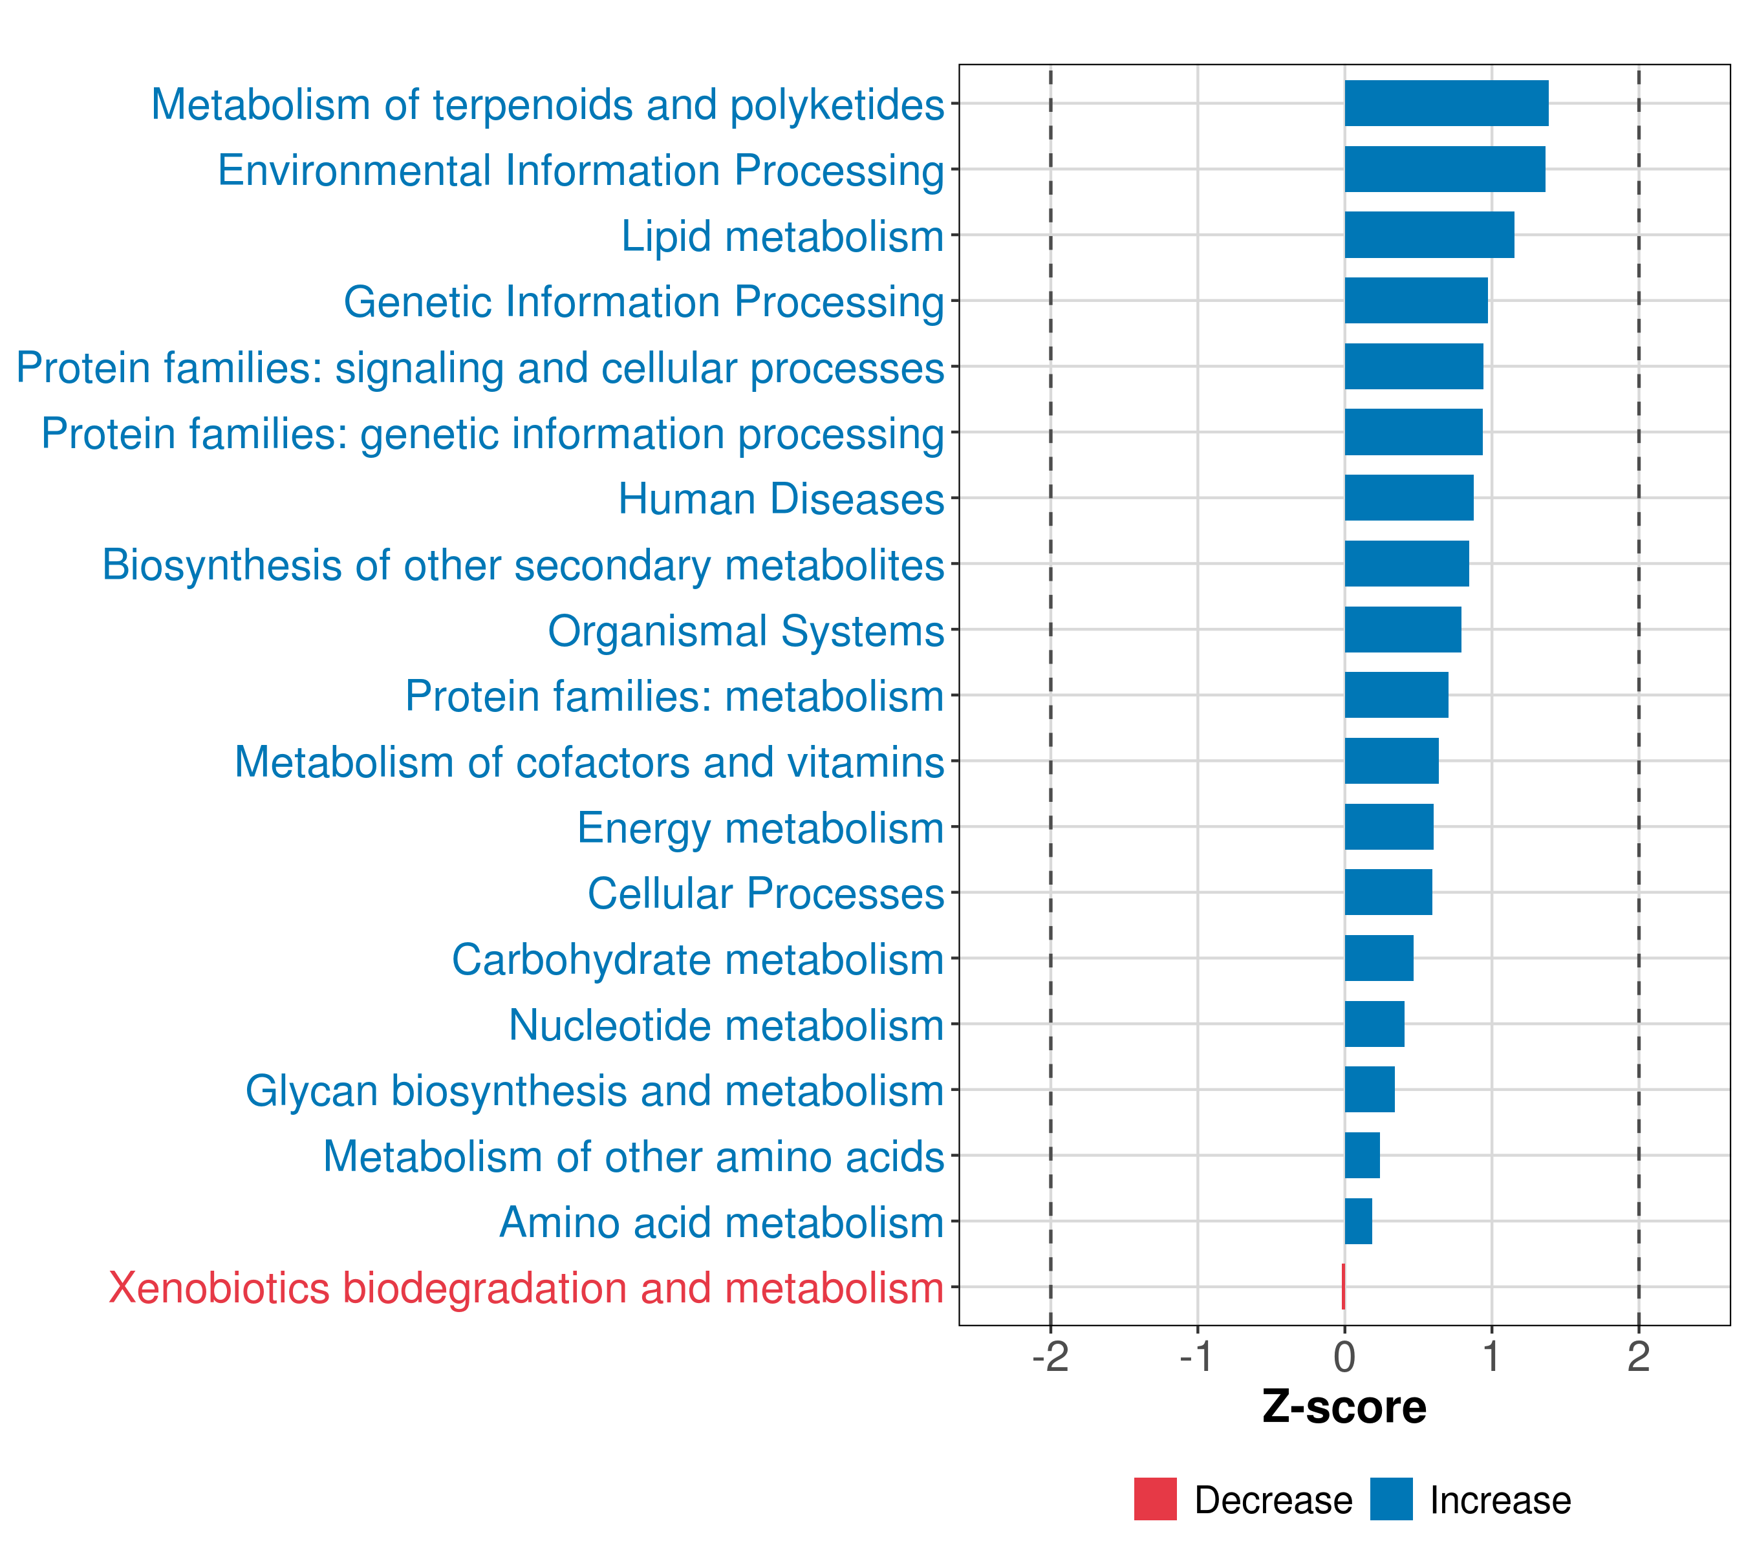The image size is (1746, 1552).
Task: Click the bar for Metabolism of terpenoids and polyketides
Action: point(1446,103)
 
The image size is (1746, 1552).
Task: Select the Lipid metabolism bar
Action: point(1429,235)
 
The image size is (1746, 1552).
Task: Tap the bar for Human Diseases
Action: point(1408,498)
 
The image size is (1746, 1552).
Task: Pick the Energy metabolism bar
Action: point(1389,827)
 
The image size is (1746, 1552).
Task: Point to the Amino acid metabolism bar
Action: point(1358,1222)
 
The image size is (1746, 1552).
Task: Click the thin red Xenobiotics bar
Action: point(1344,1286)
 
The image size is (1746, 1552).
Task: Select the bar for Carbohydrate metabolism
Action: point(1379,958)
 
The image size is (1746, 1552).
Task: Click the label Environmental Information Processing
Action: point(581,170)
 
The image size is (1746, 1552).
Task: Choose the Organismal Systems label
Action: point(746,631)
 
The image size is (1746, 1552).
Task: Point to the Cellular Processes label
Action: point(766,894)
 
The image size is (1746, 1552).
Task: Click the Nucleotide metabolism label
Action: point(726,1025)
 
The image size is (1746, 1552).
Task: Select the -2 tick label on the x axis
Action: point(1051,1357)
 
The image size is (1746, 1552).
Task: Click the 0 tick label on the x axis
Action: point(1344,1357)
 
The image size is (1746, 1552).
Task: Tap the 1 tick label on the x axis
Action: point(1491,1357)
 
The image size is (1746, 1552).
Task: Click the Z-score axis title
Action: point(1344,1408)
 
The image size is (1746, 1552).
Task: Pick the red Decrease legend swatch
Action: point(1155,1499)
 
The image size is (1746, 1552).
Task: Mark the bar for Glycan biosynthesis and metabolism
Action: point(1369,1090)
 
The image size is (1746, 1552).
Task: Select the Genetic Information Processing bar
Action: point(1416,301)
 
